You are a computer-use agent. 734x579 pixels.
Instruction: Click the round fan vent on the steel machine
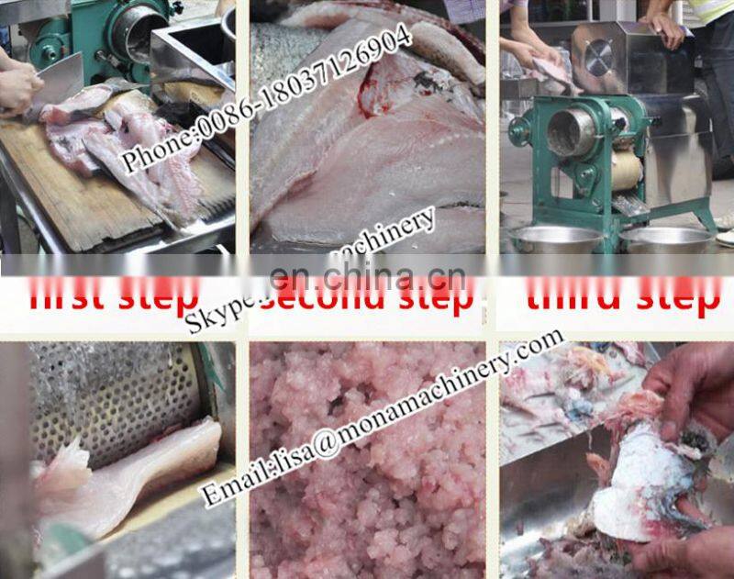[x=599, y=58]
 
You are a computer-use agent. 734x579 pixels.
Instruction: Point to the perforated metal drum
[x=110, y=395]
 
